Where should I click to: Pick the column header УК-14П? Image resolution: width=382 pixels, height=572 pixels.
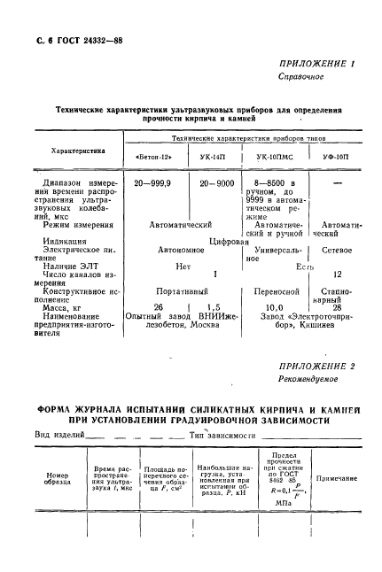click(x=211, y=158)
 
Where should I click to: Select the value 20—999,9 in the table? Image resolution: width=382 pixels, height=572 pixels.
click(x=156, y=182)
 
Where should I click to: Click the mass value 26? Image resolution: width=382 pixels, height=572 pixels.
click(x=159, y=306)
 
